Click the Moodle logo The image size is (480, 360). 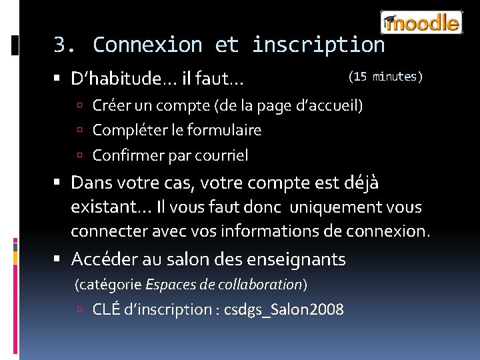(421, 23)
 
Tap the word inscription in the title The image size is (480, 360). (318, 45)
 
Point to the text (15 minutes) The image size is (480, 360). (385, 77)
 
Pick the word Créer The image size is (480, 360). (109, 105)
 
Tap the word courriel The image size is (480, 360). (221, 155)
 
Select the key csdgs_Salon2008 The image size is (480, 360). (284, 309)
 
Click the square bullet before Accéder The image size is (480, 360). (61, 259)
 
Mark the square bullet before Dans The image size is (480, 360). (61, 182)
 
